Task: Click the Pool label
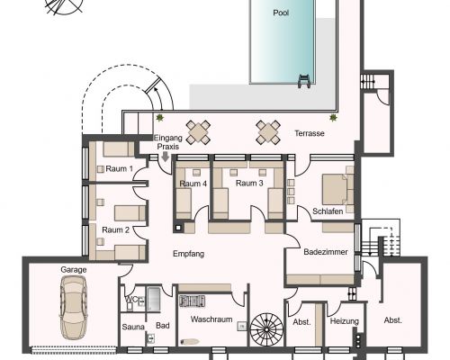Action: tap(281, 13)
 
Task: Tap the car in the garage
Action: tap(74, 308)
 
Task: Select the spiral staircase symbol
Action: tap(266, 329)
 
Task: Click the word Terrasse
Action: tap(310, 133)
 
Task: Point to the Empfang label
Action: tap(188, 254)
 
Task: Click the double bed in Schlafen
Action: tap(337, 189)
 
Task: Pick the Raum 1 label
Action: tap(119, 168)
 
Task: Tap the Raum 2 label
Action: tap(115, 229)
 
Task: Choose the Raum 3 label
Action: tap(249, 183)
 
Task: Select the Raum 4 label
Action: tap(193, 184)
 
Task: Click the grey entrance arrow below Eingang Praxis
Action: tap(165, 157)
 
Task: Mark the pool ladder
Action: tap(304, 81)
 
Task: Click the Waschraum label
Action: tap(211, 319)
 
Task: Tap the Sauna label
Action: tap(133, 327)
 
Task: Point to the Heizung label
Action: tap(345, 321)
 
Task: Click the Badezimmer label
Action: tap(326, 252)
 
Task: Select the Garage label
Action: tap(74, 270)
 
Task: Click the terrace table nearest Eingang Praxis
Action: tap(198, 132)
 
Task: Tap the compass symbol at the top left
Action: tap(64, 6)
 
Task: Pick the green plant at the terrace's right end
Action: tap(333, 118)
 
